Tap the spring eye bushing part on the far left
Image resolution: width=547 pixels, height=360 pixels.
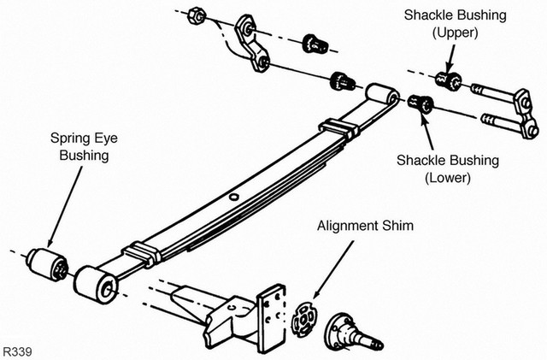(48, 264)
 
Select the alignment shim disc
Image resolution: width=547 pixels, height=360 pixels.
(303, 319)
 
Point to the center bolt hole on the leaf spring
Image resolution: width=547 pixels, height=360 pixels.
(234, 197)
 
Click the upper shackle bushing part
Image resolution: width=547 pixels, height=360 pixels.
(449, 81)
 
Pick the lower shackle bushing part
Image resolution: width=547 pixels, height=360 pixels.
(421, 103)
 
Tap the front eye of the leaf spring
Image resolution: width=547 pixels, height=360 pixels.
(97, 284)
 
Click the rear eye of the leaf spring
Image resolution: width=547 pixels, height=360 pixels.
(383, 94)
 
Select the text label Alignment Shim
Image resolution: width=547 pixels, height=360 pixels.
(365, 226)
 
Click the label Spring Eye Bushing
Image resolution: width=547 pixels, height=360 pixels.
(84, 147)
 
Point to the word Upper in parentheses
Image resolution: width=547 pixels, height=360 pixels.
(455, 32)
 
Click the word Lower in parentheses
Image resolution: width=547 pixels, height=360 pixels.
(448, 177)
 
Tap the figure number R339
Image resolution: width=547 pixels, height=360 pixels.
(17, 351)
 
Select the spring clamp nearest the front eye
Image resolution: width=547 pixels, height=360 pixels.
(142, 253)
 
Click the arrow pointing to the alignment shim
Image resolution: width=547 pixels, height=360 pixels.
(333, 269)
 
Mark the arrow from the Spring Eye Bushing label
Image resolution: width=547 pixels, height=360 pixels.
(65, 207)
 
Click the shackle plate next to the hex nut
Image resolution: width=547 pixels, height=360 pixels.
(252, 44)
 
